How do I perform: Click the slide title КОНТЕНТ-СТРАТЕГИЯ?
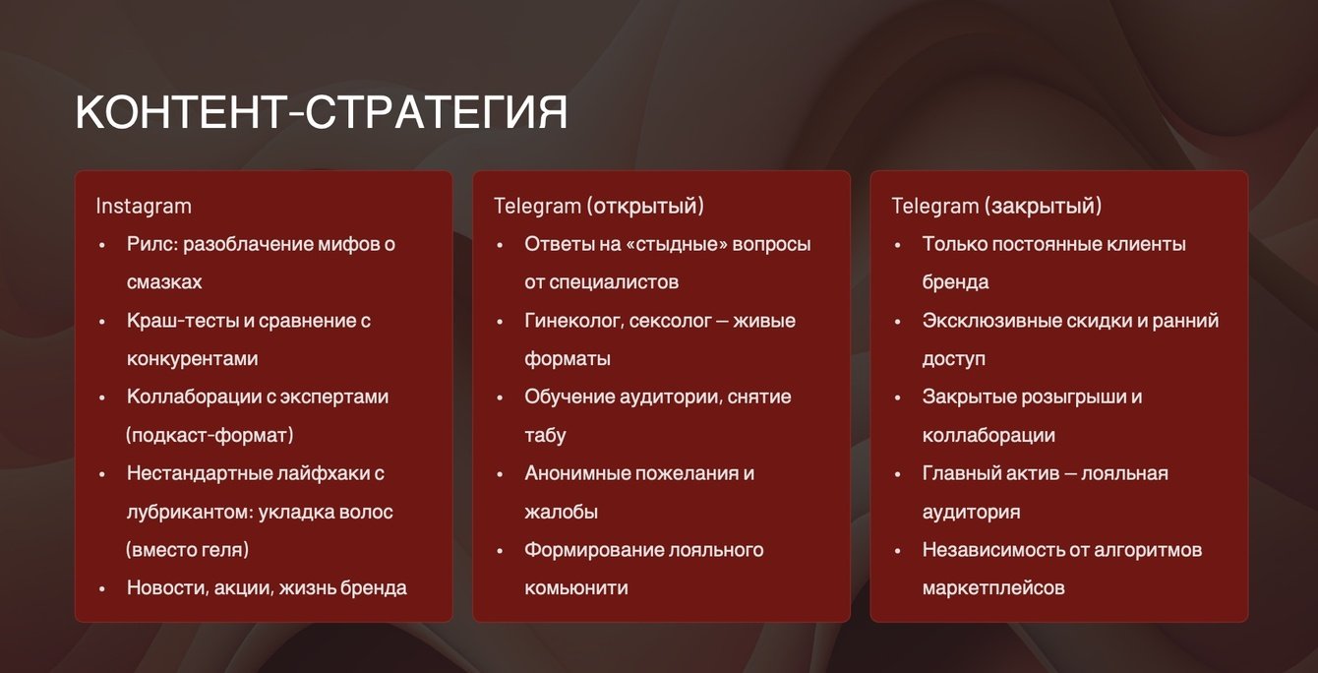[x=322, y=112]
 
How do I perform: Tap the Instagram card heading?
[x=144, y=206]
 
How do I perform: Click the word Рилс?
[x=152, y=244]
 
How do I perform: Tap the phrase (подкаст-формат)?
[x=210, y=435]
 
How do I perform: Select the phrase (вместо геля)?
[x=187, y=549]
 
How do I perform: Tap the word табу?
[x=546, y=436]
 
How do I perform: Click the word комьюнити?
[x=576, y=587]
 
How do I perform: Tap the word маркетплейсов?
[x=993, y=587]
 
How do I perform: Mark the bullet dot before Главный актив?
[x=897, y=474]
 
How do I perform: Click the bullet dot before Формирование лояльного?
[x=500, y=551]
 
